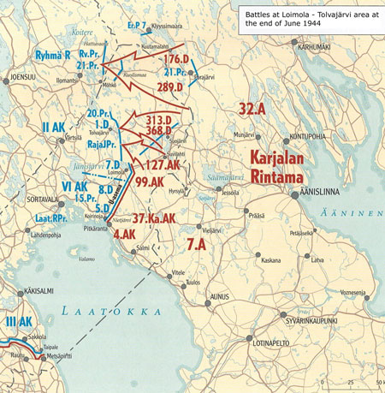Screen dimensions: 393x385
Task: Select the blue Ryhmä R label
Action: (52, 55)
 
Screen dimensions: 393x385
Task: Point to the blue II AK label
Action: (53, 128)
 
